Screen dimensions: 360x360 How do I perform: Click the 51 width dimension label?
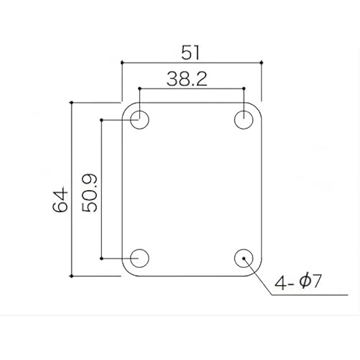(191, 53)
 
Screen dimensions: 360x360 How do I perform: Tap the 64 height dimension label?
(60, 201)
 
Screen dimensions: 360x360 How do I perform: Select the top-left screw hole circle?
(139, 120)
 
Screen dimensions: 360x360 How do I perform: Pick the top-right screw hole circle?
(243, 120)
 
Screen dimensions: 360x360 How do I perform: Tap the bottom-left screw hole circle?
(139, 258)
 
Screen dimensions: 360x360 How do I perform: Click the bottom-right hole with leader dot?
(243, 258)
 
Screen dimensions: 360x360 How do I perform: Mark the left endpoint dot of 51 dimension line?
(122, 63)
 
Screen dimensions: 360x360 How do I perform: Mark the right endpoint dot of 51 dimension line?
(261, 63)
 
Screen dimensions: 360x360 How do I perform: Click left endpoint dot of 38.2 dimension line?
(139, 88)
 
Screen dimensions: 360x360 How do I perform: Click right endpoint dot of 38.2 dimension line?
(243, 88)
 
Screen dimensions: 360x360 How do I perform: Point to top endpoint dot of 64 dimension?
(72, 103)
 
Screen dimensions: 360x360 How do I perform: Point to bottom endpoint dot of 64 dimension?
(72, 276)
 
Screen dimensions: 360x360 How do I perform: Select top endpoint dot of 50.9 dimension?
(102, 120)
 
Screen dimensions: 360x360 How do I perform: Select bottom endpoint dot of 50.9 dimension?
(102, 258)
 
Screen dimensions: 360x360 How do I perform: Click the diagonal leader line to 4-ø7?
(259, 278)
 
